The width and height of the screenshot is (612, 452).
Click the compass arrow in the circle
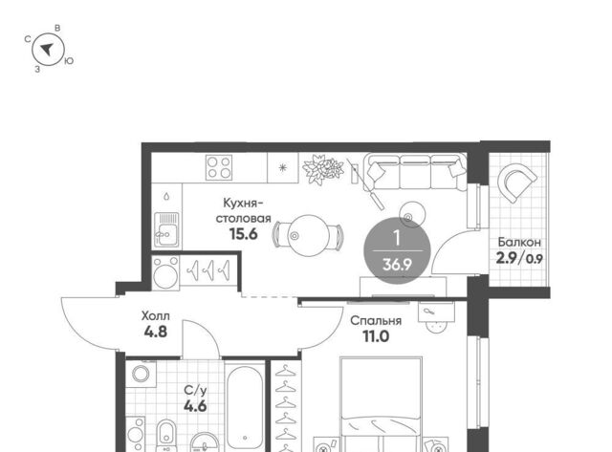coord(47,49)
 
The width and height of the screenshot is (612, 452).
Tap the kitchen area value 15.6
coord(243,233)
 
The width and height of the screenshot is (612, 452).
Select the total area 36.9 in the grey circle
coord(397,265)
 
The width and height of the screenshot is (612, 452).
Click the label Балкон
coord(519,242)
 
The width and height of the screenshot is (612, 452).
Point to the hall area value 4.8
coord(155,332)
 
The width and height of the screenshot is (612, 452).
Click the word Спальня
coord(376,320)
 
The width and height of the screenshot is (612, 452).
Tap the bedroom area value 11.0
coord(376,336)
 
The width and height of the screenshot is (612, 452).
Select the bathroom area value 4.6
coord(195,406)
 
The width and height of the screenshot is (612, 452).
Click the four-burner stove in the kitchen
coord(219,167)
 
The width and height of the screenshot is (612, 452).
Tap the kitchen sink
coord(167,229)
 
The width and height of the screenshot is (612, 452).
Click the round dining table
coord(309,235)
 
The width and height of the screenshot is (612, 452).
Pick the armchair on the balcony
coord(516,183)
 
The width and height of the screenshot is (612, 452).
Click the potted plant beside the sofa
coord(323,169)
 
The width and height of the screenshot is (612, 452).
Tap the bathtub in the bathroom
coord(245,407)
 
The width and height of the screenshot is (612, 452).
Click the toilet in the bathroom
coord(166,435)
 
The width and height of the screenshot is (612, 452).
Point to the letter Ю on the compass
coord(69,61)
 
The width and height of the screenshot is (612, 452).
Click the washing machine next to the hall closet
coord(165,272)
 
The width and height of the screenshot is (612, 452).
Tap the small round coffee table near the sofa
coord(412,214)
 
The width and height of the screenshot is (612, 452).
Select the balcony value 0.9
coord(534,259)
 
